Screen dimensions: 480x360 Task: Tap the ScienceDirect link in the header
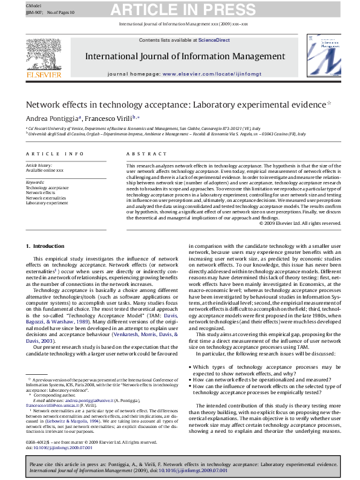[x=214, y=40]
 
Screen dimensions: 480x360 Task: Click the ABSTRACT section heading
[x=142, y=154]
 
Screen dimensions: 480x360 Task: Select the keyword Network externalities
[x=46, y=198]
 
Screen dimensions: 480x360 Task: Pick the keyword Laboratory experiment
[x=47, y=203]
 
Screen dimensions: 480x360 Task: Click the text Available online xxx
[x=44, y=170]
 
